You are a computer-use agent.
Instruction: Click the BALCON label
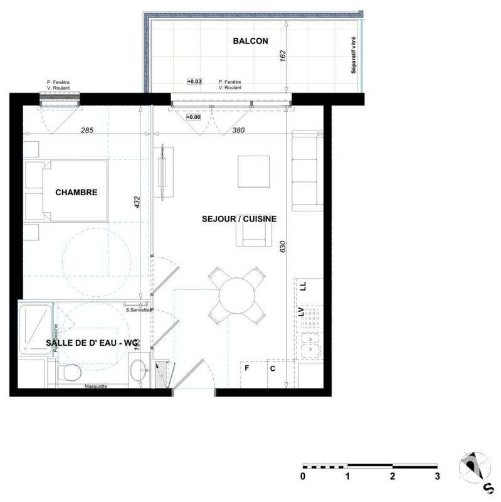click(250, 41)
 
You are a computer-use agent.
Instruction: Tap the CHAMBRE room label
click(76, 192)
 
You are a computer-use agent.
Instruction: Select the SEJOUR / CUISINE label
click(239, 219)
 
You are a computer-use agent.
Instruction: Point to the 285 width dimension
click(87, 131)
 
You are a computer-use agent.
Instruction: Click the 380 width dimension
click(238, 131)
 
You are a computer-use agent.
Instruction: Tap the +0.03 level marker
click(194, 82)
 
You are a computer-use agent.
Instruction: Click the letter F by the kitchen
click(247, 368)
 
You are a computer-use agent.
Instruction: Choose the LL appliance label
click(303, 286)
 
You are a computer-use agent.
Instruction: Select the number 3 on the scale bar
click(438, 476)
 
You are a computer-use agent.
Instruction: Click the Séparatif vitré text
click(354, 56)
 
